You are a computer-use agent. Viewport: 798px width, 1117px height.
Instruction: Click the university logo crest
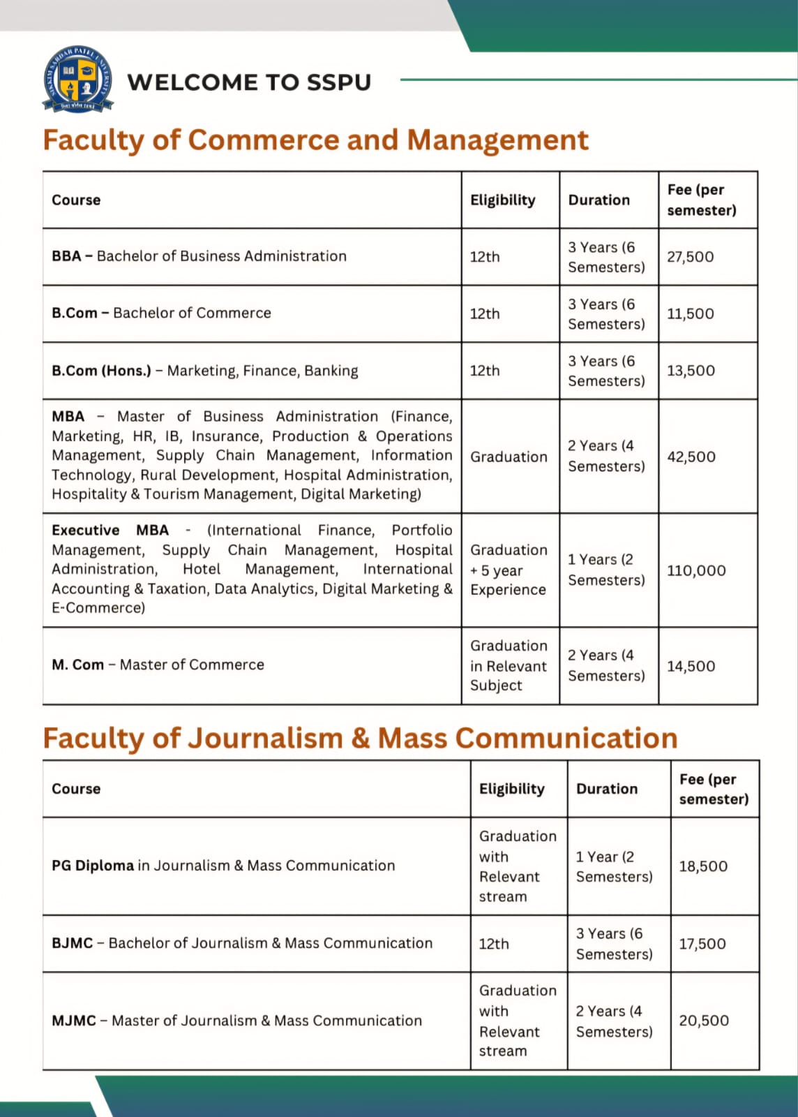[x=77, y=79]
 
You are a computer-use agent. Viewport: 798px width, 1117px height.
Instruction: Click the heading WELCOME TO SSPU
[x=249, y=82]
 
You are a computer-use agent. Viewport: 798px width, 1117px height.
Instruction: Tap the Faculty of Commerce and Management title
[x=315, y=140]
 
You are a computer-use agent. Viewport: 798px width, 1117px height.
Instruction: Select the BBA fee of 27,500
[x=690, y=257]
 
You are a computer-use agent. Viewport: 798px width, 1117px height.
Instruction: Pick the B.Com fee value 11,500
[x=690, y=313]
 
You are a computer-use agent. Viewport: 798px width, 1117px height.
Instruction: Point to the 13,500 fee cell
[x=691, y=371]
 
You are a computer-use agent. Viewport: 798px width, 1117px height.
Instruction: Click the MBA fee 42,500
[x=691, y=457]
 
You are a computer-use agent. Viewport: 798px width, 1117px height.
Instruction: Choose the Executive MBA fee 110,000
[x=695, y=570]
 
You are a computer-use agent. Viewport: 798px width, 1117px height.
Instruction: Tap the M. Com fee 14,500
[x=691, y=666]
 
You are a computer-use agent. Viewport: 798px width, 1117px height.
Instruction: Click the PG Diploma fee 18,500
[x=702, y=866]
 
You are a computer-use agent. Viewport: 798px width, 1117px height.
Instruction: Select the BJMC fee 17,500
[x=702, y=944]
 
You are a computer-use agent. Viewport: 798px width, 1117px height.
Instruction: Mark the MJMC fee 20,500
[x=703, y=1021]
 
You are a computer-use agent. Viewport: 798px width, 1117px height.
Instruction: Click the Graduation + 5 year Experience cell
[x=509, y=570]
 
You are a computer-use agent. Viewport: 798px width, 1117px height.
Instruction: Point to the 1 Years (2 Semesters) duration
[x=605, y=570]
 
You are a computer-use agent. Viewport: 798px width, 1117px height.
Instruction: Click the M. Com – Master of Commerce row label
[x=158, y=665]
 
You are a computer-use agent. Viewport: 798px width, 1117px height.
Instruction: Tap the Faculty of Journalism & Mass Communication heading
[x=360, y=738]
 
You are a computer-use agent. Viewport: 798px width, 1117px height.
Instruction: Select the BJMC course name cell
[x=241, y=943]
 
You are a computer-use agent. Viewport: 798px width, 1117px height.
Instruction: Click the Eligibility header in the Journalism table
[x=511, y=789]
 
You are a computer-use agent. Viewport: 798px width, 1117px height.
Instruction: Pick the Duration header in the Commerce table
[x=598, y=200]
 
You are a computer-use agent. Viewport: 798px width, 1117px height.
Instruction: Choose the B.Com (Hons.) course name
[x=204, y=371]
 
